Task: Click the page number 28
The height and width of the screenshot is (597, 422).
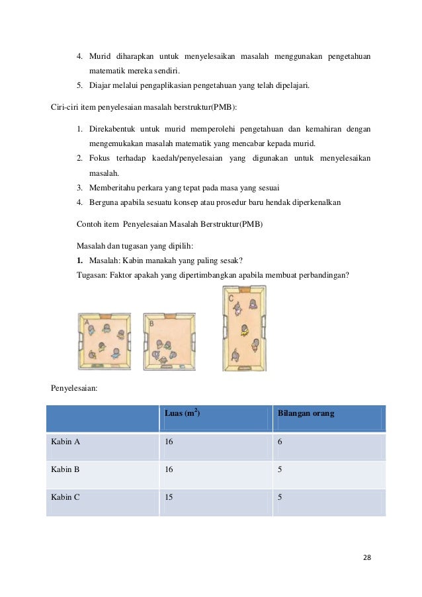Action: [x=366, y=557]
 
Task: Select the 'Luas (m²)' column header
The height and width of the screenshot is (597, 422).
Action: [x=183, y=414]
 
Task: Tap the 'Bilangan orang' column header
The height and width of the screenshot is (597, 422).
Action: [x=306, y=414]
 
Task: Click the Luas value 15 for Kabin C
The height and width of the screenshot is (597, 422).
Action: [x=169, y=498]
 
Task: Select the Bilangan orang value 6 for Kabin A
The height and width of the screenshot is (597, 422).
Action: [x=280, y=443]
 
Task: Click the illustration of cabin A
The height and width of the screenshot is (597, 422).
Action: [x=104, y=340]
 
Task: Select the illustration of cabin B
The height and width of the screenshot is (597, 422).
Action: [x=169, y=341]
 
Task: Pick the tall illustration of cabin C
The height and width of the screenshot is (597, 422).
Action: [x=244, y=327]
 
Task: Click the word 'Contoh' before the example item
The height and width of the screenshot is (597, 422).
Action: [x=89, y=224]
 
